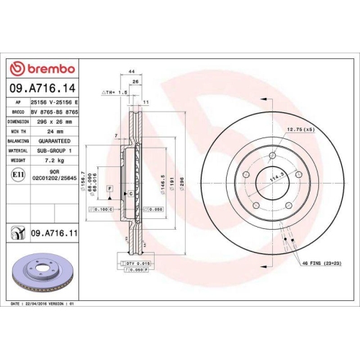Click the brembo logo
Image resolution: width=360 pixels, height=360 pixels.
pyautogui.click(x=41, y=68)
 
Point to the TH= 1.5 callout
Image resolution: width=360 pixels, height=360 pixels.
pyautogui.click(x=114, y=93)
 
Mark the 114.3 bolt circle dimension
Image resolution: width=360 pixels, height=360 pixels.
pyautogui.click(x=274, y=173)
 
